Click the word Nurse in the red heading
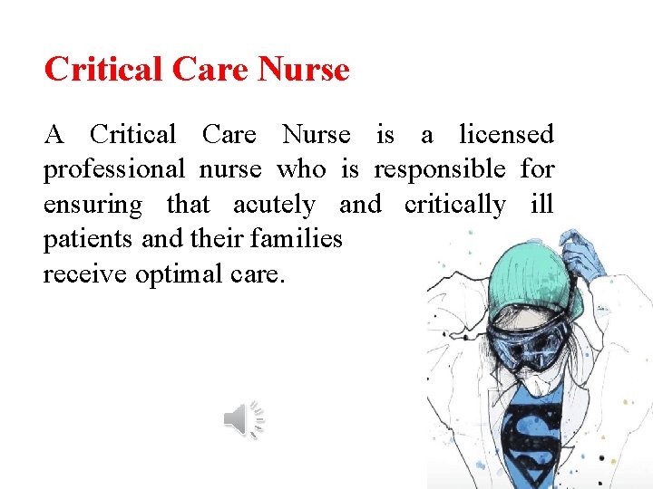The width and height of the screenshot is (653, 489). coord(304,69)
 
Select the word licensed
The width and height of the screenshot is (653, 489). coord(506,135)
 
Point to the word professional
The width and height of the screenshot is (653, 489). coord(114,170)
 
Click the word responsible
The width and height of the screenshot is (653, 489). coord(440,169)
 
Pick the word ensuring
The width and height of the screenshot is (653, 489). coord(93,206)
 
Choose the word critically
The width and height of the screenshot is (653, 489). coord(454,206)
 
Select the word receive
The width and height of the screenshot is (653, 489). coord(85,273)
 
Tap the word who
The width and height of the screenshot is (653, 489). coord(300,169)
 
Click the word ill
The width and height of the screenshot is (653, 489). coord(541,205)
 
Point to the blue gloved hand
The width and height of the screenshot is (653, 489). coord(580,254)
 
